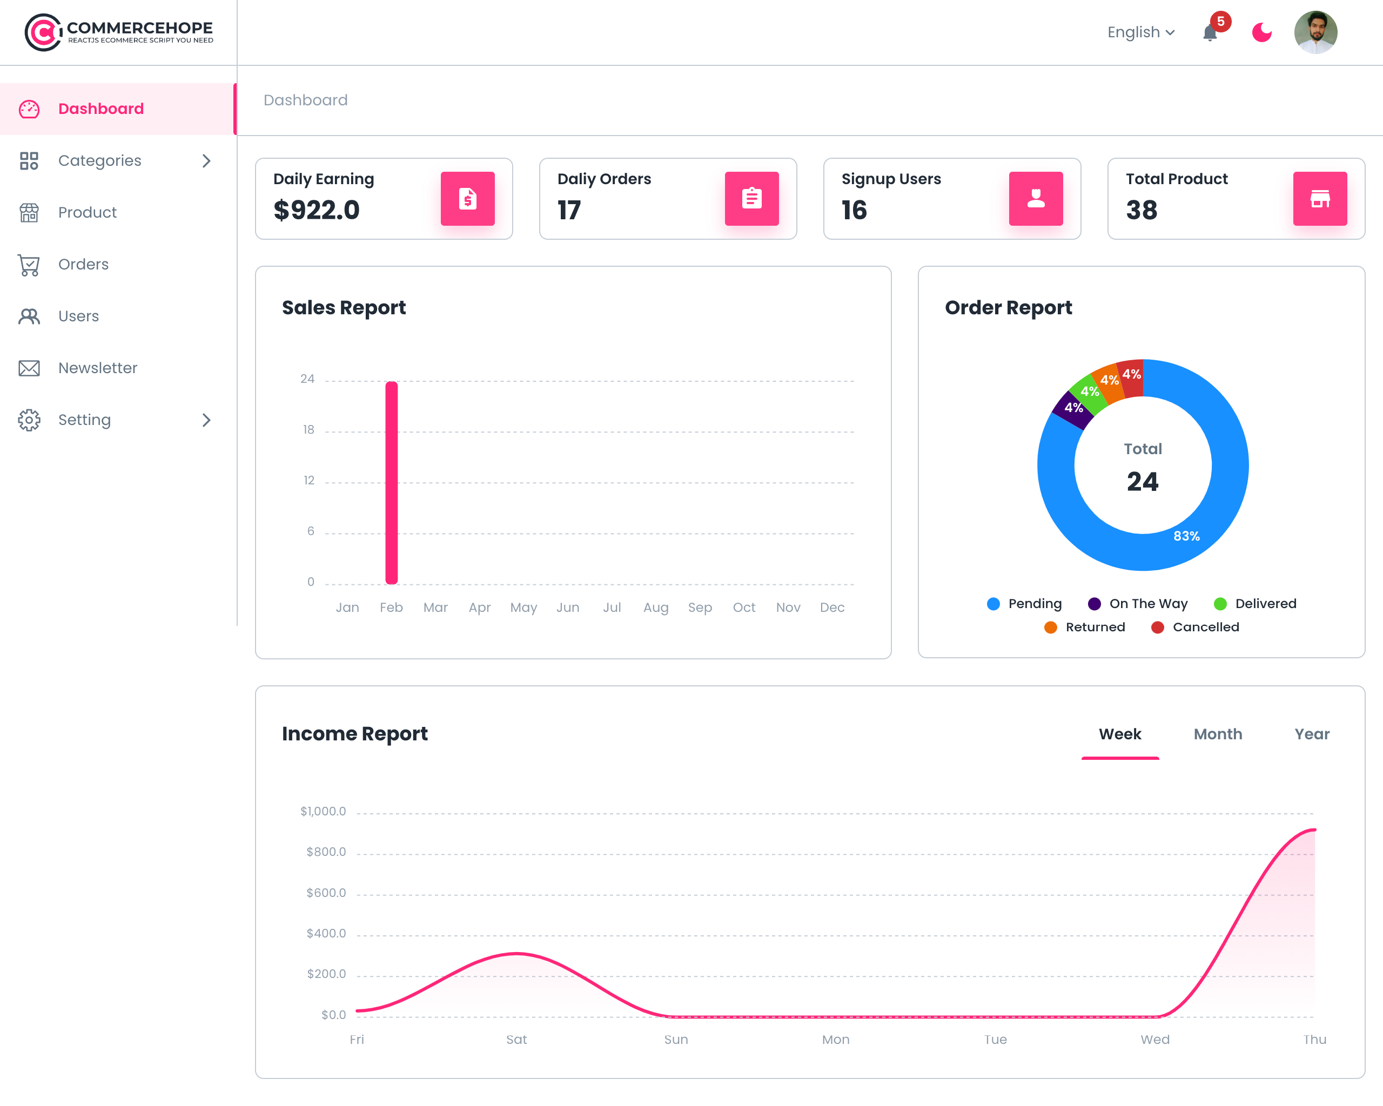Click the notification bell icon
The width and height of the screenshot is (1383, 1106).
[1210, 33]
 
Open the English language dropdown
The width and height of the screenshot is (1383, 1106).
[1141, 32]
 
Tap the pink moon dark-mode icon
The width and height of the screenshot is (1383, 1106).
[1262, 32]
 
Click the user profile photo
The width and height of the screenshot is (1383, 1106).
[1315, 32]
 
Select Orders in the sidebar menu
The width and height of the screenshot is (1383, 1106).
[83, 264]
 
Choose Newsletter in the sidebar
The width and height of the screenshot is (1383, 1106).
[97, 368]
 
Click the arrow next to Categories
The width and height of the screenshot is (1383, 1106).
[206, 161]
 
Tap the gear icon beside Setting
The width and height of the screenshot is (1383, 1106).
[29, 420]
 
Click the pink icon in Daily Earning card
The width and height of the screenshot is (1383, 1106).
[468, 199]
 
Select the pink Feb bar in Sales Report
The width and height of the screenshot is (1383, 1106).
[391, 483]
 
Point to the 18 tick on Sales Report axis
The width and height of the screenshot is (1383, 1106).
[308, 429]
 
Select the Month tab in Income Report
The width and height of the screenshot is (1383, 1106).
[1218, 734]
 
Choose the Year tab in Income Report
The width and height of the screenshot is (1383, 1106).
[1312, 734]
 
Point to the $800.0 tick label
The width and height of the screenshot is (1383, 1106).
[326, 852]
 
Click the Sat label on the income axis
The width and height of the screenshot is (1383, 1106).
[516, 1040]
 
